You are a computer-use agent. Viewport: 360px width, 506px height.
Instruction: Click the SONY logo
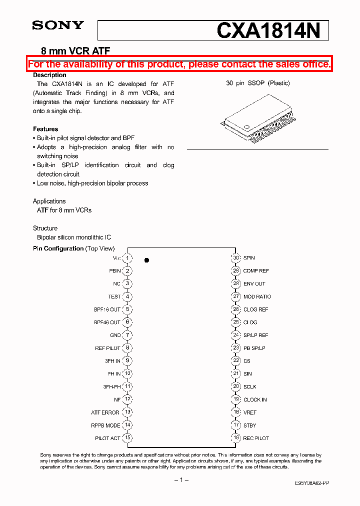coord(58,25)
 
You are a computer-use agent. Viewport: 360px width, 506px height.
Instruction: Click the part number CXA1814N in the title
coord(268,31)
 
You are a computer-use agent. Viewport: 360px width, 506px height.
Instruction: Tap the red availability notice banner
coord(179,64)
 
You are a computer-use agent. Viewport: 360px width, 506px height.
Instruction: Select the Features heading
coord(45,129)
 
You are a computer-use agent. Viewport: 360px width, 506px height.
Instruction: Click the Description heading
coord(49,75)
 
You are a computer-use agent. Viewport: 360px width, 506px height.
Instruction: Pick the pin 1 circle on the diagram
coord(128,258)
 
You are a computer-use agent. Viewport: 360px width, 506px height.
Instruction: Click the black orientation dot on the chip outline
coord(146,260)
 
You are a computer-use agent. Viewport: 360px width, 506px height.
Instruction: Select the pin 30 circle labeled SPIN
coord(236,258)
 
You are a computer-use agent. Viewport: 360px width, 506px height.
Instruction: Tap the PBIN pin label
coord(114,271)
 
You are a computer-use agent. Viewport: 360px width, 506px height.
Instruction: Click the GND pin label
coord(115,335)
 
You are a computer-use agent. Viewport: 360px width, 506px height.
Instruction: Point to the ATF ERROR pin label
coord(105,412)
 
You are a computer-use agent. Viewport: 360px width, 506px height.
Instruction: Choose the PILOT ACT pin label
coord(107,438)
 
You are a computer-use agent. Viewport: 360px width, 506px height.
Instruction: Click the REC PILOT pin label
coord(256,438)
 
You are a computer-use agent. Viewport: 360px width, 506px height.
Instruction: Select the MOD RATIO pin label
coord(257,296)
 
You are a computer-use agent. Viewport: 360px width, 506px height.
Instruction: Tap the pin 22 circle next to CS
coord(236,361)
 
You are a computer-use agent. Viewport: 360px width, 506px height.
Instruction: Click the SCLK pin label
coord(249,386)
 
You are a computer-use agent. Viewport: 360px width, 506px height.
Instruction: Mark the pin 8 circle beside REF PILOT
coord(128,348)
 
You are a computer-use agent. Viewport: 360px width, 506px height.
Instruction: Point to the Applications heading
coord(49,201)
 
